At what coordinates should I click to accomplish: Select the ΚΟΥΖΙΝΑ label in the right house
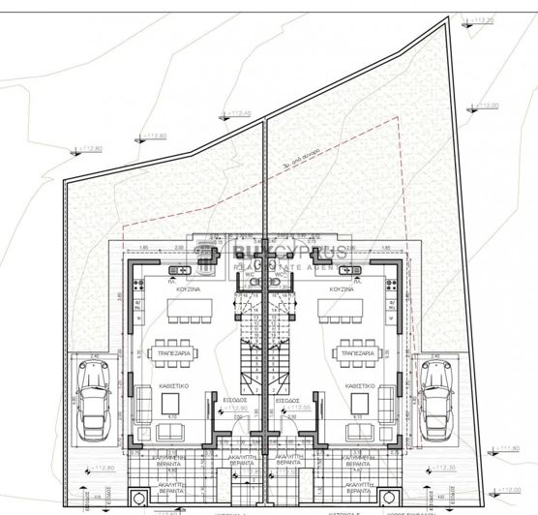(341, 288)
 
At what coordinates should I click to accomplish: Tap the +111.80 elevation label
(508, 447)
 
